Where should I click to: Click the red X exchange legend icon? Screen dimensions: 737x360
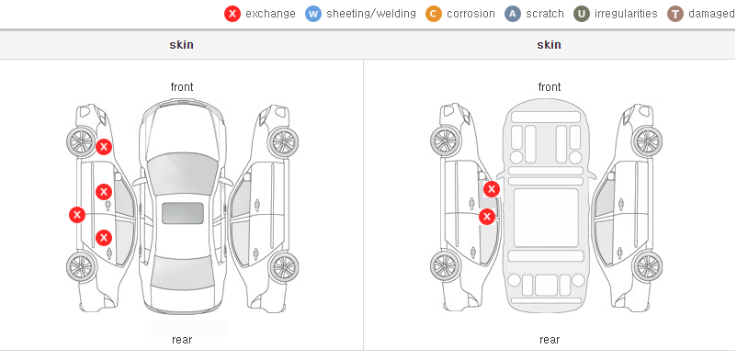(232, 14)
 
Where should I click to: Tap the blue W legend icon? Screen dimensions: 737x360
(313, 14)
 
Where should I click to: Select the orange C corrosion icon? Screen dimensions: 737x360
(434, 14)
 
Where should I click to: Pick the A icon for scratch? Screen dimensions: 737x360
(513, 14)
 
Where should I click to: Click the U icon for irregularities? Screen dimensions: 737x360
(582, 14)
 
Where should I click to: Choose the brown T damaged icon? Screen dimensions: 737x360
(675, 14)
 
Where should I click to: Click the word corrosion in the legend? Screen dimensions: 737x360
(471, 14)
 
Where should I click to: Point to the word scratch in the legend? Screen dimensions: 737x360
(545, 14)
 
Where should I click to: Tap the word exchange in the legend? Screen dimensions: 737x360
(270, 14)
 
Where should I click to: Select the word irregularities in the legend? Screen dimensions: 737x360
(626, 14)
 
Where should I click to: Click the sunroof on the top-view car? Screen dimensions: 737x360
(183, 213)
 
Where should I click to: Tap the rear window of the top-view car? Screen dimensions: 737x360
(182, 273)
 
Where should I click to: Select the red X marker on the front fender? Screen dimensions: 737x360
(104, 147)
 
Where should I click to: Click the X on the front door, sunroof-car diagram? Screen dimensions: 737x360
(104, 192)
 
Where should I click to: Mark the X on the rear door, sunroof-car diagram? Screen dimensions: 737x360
(104, 238)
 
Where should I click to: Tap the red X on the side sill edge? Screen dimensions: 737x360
(77, 215)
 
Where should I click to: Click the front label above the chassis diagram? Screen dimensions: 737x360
(550, 87)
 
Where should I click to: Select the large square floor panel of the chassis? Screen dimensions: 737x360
(546, 218)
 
